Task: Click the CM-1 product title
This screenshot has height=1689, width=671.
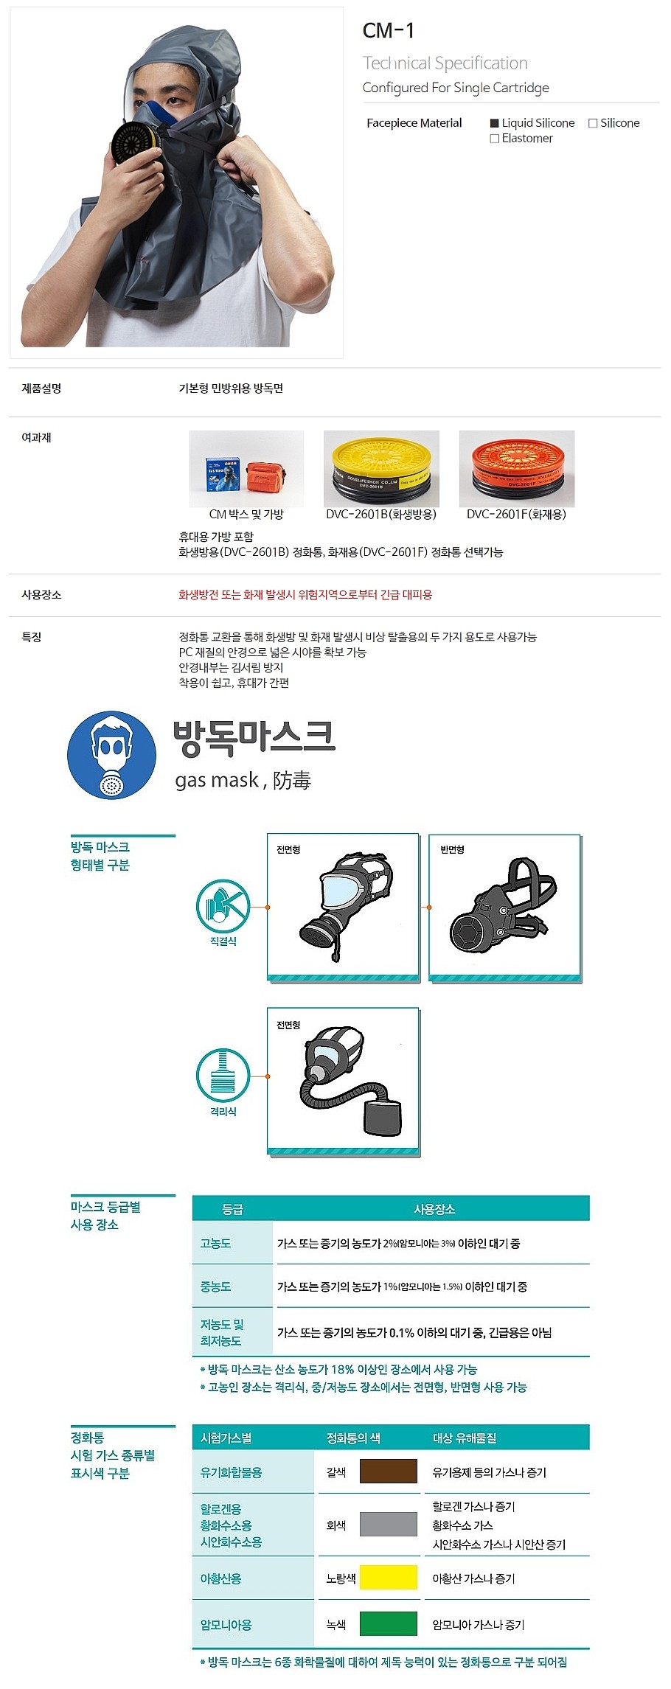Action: point(389,31)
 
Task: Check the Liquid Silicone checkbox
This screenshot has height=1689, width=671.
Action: point(495,123)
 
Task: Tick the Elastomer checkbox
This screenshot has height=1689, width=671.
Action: point(495,139)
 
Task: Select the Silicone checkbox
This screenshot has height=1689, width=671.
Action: point(593,123)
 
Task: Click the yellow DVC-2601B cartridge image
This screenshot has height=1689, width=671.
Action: point(381,469)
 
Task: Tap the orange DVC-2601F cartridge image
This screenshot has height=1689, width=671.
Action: point(517,469)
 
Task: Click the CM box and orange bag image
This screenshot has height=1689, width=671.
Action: point(246,469)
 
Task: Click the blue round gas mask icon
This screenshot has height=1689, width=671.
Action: point(111,755)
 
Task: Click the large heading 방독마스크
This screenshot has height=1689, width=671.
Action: point(254,738)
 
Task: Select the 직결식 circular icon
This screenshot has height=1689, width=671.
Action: point(223,906)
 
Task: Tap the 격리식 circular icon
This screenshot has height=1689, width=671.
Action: point(223,1075)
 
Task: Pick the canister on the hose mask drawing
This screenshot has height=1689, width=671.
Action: point(382,1117)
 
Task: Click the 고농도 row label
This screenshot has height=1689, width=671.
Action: point(216,1244)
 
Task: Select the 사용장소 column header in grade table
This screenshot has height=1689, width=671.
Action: point(434,1209)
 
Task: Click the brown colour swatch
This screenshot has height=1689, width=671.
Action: point(389,1472)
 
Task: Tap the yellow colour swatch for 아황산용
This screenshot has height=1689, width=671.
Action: point(389,1578)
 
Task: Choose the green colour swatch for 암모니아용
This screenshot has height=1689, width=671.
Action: point(389,1624)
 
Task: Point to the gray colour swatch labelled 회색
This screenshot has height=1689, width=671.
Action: point(389,1525)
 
